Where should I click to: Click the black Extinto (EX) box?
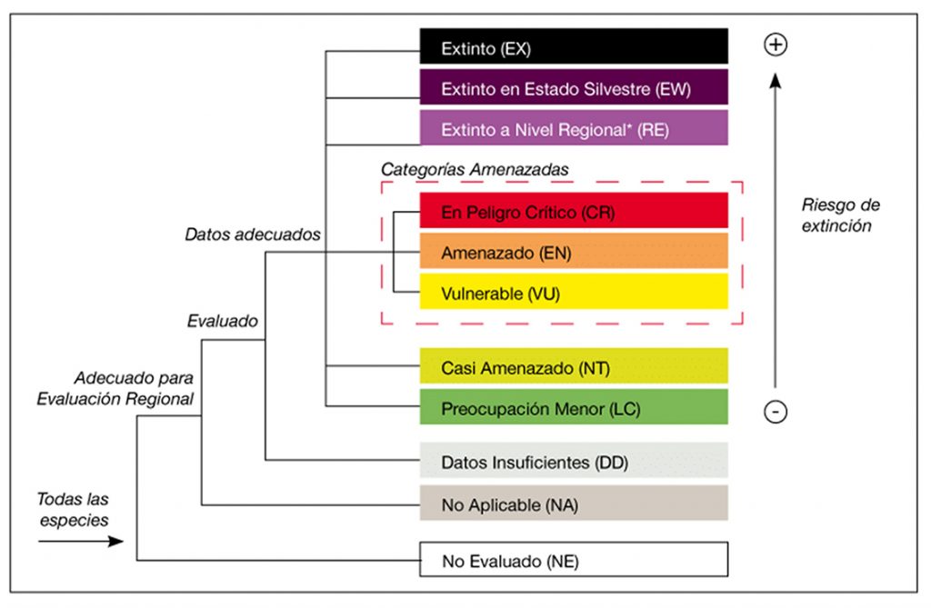tap(573, 47)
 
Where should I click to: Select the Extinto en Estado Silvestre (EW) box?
tap(573, 88)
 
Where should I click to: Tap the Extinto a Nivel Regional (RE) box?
tap(573, 129)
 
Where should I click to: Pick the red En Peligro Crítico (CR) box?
tap(573, 211)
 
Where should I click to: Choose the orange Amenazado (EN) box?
tap(573, 252)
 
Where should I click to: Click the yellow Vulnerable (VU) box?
tap(573, 293)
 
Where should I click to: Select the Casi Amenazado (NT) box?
tap(573, 367)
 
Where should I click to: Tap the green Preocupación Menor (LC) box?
tap(573, 408)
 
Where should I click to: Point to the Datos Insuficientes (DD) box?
tap(573, 462)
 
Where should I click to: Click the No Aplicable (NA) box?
tap(573, 503)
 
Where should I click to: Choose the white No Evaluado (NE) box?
tap(573, 560)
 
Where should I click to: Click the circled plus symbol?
tap(775, 45)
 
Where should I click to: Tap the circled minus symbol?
tap(775, 411)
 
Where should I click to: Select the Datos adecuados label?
tap(253, 234)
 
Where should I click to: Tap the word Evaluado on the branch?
tap(222, 320)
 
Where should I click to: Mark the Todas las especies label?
tap(73, 509)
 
